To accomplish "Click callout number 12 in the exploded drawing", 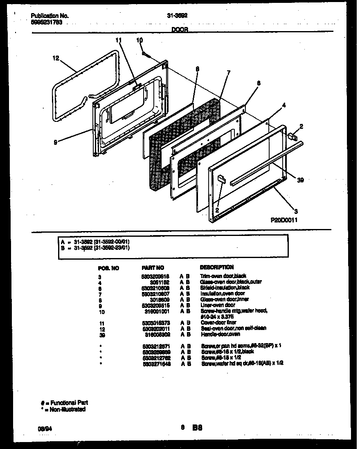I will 56,58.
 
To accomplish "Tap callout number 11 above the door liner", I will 119,40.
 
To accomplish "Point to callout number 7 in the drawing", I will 228,72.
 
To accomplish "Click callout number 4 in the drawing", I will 283,105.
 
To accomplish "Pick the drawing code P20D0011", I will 284,220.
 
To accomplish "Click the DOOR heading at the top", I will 180,30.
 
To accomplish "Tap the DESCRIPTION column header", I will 217,267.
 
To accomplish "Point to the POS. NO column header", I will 109,268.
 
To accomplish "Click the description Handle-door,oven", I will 219,334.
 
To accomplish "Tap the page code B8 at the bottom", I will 198,428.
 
